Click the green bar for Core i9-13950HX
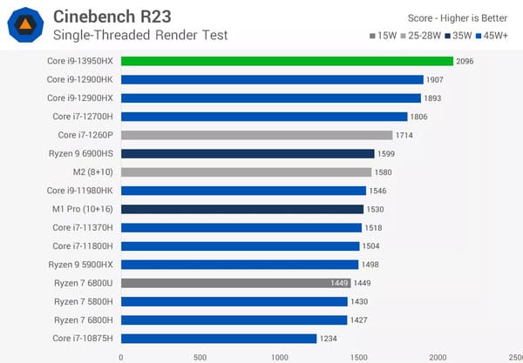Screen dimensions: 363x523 [287, 61]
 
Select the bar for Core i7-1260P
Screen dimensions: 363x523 [256, 135]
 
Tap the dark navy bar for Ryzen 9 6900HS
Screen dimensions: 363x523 [248, 153]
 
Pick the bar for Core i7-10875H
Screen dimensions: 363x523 [218, 339]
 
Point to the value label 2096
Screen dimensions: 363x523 [465, 61]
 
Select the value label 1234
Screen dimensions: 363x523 [329, 339]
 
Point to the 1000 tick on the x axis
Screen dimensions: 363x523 [280, 356]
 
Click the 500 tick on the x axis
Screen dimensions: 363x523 [200, 356]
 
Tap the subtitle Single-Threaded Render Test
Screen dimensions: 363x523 [140, 35]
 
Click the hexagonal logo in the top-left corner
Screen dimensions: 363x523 [26, 24]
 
